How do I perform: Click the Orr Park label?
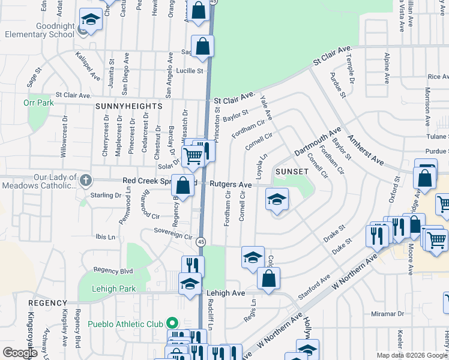pos(38,103)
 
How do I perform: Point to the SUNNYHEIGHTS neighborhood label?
pos(128,106)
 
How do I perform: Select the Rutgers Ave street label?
pos(231,184)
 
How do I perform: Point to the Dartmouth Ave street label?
pos(318,142)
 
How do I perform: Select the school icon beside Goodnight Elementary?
pos(91,20)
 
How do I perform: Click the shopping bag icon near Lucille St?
pos(203,46)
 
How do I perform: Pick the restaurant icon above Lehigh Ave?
pos(193,265)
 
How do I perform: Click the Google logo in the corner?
pos(19,353)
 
